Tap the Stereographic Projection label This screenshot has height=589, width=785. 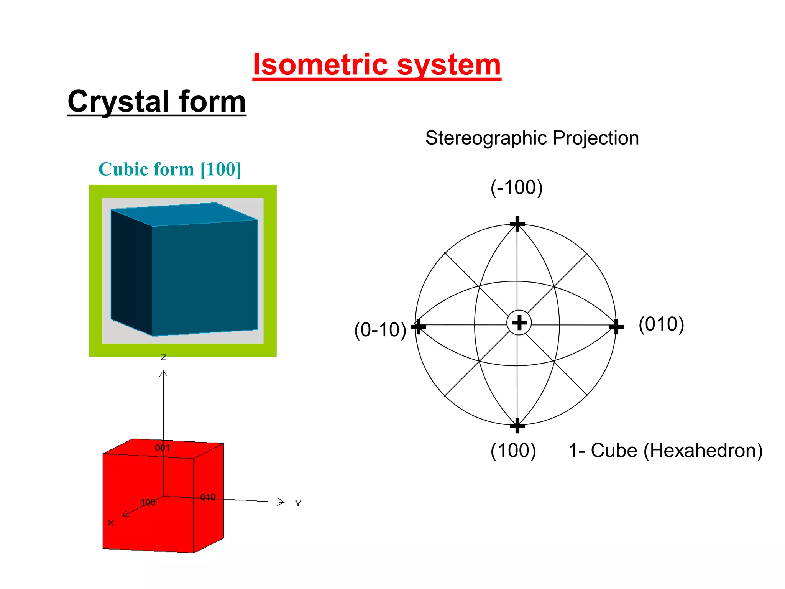pyautogui.click(x=532, y=138)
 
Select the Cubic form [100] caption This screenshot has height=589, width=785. pyautogui.click(x=169, y=169)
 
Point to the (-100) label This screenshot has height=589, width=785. pyautogui.click(x=516, y=188)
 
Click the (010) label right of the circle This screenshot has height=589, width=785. pyautogui.click(x=661, y=324)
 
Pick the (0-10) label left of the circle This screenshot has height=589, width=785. pyautogui.click(x=380, y=330)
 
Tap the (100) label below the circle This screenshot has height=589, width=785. pyautogui.click(x=513, y=450)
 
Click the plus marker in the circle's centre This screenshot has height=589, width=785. pyautogui.click(x=519, y=322)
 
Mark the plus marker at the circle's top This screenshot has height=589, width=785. pyautogui.click(x=517, y=224)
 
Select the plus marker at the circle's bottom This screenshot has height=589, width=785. pyautogui.click(x=517, y=425)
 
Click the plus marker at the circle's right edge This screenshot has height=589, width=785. pyautogui.click(x=616, y=327)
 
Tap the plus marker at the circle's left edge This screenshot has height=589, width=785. pyautogui.click(x=418, y=327)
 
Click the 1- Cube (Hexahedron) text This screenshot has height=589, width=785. pyautogui.click(x=665, y=450)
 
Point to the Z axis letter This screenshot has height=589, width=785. pyautogui.click(x=163, y=357)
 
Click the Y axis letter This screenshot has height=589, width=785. pyautogui.click(x=298, y=503)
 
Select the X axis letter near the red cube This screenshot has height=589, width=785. pyautogui.click(x=111, y=523)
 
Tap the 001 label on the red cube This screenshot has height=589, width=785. pyautogui.click(x=162, y=448)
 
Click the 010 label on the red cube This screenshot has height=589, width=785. pyautogui.click(x=208, y=497)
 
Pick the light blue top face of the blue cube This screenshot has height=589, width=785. pyautogui.click(x=184, y=214)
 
